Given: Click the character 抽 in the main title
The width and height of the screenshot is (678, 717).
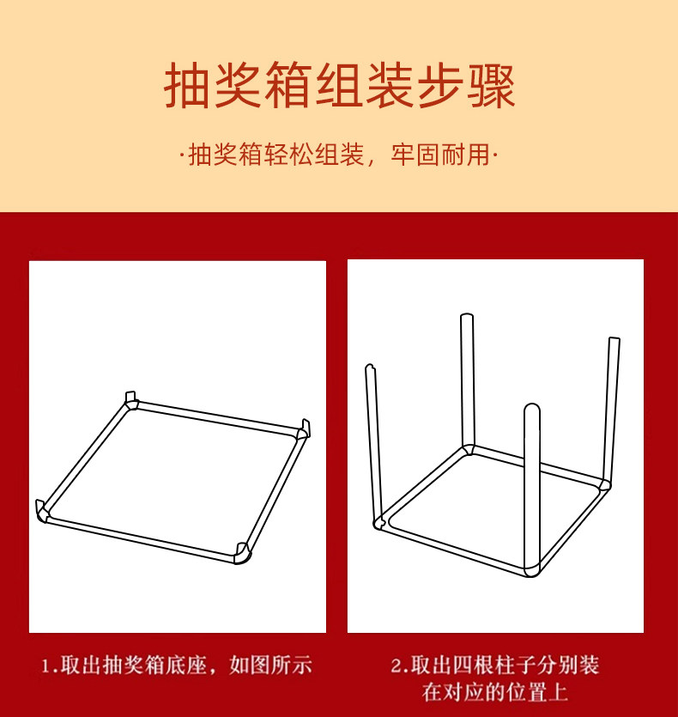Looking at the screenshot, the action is click(x=188, y=86).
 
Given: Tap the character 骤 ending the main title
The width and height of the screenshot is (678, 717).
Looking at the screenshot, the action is click(x=491, y=86).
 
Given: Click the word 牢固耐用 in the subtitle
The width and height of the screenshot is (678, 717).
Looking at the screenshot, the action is click(x=440, y=155).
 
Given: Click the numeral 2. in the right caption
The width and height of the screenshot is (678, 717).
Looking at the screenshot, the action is click(x=399, y=665).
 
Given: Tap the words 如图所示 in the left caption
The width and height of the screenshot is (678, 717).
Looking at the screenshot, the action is click(x=270, y=665).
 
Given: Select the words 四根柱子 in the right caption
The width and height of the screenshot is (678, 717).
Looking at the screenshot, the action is click(x=493, y=665).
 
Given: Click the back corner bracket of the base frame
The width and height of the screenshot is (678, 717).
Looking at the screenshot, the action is click(x=131, y=400).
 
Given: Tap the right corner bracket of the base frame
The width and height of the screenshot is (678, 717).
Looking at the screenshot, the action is click(x=303, y=430).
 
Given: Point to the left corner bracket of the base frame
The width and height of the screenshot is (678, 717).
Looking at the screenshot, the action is click(x=43, y=511).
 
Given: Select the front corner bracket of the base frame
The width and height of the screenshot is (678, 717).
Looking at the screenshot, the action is click(x=242, y=553).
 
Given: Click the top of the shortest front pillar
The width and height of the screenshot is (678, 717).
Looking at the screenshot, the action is click(x=532, y=409).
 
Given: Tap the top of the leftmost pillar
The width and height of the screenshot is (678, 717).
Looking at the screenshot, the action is click(x=370, y=368).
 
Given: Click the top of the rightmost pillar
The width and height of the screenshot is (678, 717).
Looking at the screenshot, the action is click(x=614, y=340).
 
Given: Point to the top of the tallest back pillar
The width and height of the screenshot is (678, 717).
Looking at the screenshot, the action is click(x=466, y=317).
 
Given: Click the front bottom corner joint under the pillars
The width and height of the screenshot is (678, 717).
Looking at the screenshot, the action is click(x=532, y=569).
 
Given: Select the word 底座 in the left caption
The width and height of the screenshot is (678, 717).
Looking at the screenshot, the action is click(x=186, y=665).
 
